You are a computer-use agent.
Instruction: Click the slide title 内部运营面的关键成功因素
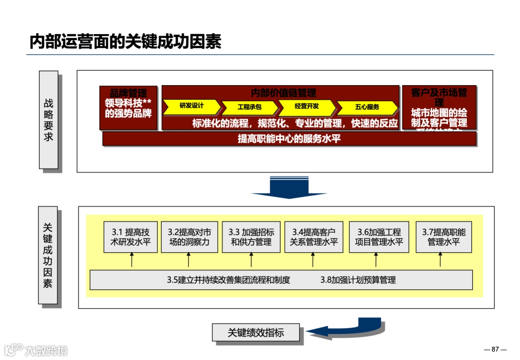pyautogui.click(x=125, y=42)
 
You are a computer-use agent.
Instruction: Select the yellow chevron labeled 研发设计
pyautogui.click(x=192, y=106)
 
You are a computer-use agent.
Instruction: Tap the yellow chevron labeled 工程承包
pyautogui.click(x=249, y=107)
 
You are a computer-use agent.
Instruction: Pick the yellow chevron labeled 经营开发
pyautogui.click(x=307, y=106)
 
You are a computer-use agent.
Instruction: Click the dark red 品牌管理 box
pyautogui.click(x=128, y=107)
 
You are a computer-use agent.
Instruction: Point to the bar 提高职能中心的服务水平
pyautogui.click(x=289, y=139)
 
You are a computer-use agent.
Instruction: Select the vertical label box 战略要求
pyautogui.click(x=48, y=120)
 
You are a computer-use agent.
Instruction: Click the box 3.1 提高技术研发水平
pyautogui.click(x=130, y=237)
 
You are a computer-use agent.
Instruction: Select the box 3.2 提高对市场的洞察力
pyautogui.click(x=189, y=237)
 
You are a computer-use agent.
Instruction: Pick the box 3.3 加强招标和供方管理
pyautogui.click(x=251, y=237)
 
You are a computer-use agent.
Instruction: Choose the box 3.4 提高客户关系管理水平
pyautogui.click(x=313, y=237)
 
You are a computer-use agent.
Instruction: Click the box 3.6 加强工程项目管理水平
pyautogui.click(x=378, y=237)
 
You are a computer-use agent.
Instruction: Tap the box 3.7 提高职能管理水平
pyautogui.click(x=443, y=237)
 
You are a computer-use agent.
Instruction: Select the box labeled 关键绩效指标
pyautogui.click(x=256, y=333)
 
